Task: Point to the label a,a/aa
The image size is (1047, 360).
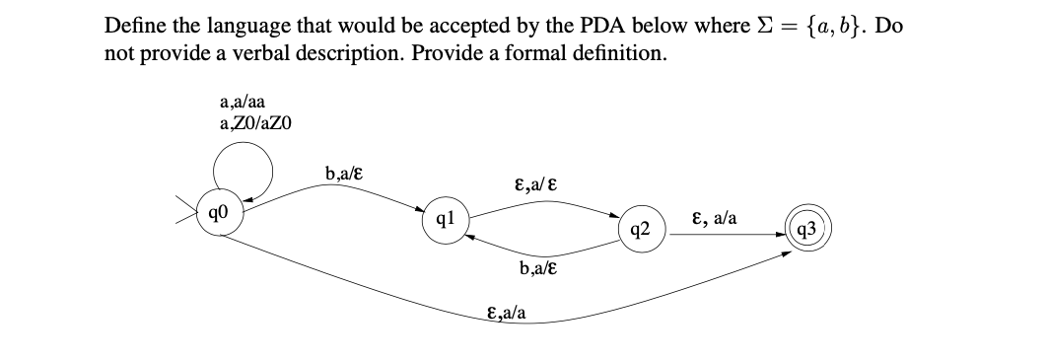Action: (x=241, y=103)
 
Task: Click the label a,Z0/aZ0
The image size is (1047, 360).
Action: (x=255, y=123)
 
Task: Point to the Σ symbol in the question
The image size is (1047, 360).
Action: (x=760, y=25)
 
